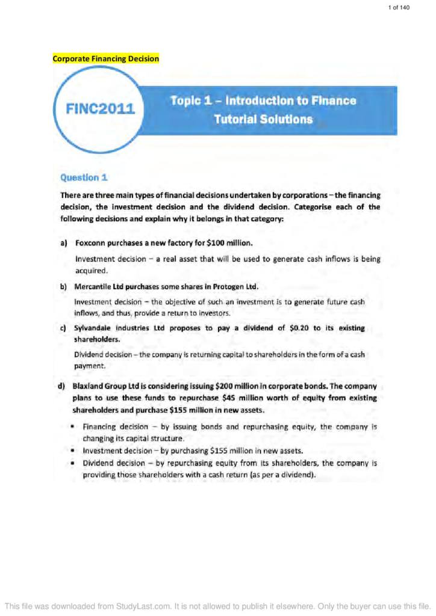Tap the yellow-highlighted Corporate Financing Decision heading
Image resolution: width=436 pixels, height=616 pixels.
106,58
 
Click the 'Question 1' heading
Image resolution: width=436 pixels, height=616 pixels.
84,177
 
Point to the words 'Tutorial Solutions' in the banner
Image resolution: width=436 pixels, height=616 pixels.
263,120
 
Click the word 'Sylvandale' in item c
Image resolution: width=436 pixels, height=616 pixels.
95,328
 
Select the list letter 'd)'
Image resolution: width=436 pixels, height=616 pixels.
62,385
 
